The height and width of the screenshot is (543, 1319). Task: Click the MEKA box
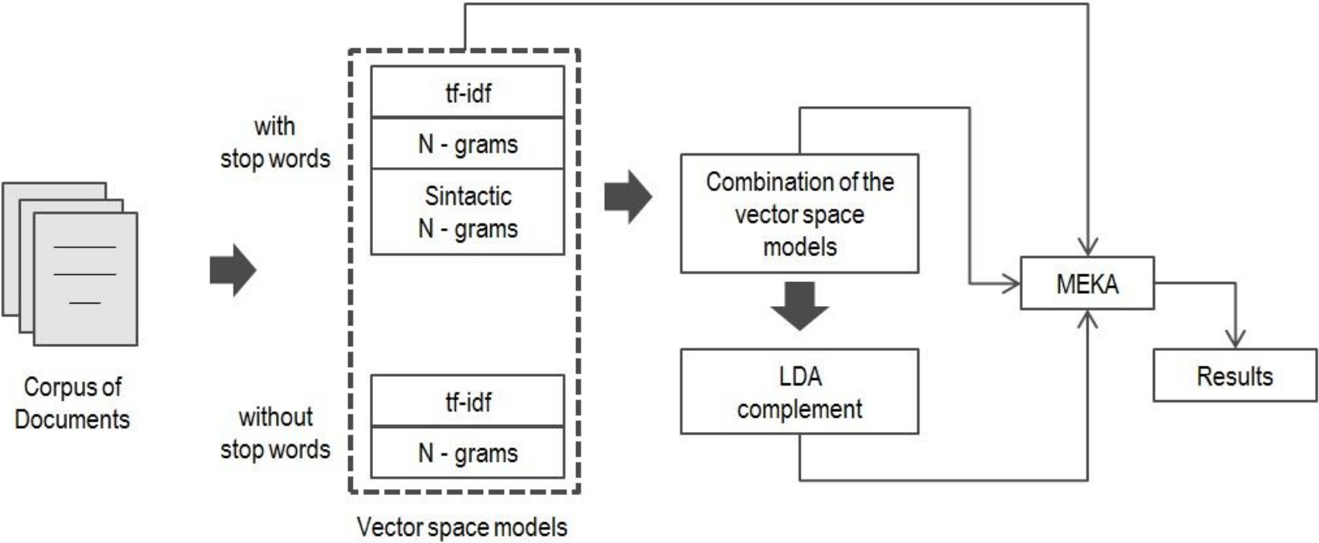[x=1087, y=284]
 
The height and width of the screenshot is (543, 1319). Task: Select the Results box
[x=1235, y=375]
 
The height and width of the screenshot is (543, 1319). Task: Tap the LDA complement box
[x=799, y=391]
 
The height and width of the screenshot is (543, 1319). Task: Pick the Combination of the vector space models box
[x=799, y=214]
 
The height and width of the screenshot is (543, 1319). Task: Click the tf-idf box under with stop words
[x=468, y=92]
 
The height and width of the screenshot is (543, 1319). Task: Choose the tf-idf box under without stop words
[x=468, y=401]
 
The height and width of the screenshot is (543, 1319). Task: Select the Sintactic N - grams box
[x=468, y=212]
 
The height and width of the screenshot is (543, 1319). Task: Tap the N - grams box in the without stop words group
[x=468, y=453]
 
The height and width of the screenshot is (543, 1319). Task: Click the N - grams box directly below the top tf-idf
[x=468, y=144]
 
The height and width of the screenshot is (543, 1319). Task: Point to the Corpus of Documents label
[x=72, y=402]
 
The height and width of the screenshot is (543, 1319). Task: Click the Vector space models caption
[x=462, y=527]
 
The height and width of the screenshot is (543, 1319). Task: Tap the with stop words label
[x=275, y=142]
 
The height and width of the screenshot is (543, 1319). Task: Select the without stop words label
[x=275, y=433]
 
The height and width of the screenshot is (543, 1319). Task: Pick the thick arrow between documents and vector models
[x=233, y=270]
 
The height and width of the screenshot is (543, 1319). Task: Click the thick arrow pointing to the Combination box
[x=627, y=197]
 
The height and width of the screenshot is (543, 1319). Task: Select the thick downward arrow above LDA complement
[x=799, y=306]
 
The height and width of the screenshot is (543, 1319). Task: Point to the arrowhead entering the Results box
[x=1236, y=339]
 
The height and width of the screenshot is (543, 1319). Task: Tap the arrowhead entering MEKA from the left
[x=1011, y=284]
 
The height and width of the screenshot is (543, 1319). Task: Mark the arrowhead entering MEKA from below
[x=1087, y=319]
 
